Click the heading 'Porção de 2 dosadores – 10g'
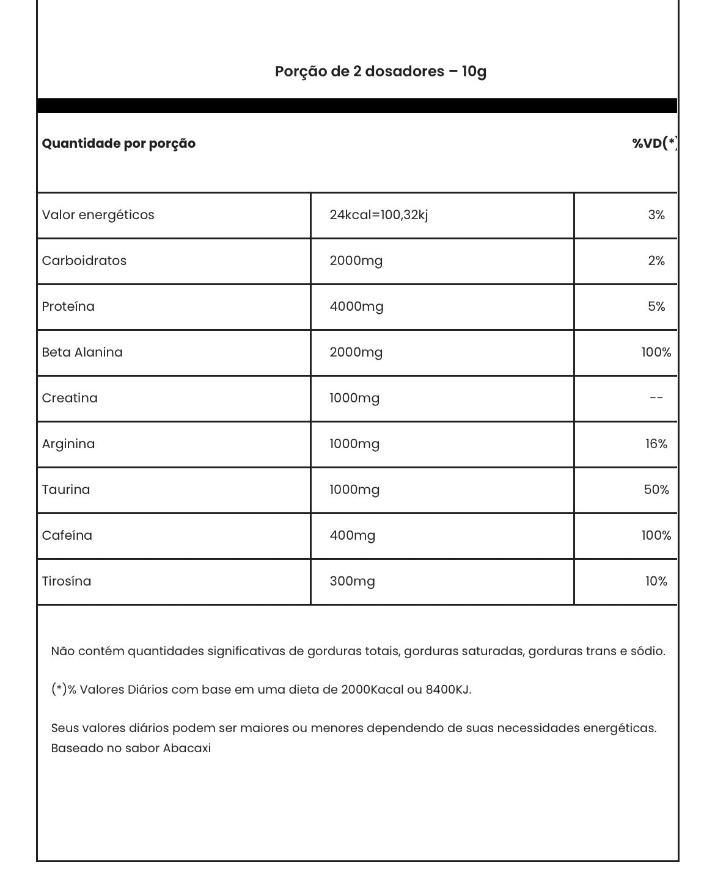[x=380, y=71]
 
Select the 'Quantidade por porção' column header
[x=119, y=143]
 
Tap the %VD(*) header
[x=654, y=143]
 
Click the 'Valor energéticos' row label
[x=98, y=215]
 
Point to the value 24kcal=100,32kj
[x=378, y=215]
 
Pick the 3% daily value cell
[x=656, y=215]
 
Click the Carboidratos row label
[x=84, y=261]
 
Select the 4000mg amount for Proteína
[x=356, y=307]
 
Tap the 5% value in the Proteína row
[x=656, y=307]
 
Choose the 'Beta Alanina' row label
[x=82, y=352]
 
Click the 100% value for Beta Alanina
[x=656, y=352]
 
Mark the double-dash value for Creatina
[x=656, y=398]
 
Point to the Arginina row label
[x=68, y=444]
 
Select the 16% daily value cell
[x=656, y=444]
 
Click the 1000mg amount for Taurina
[x=354, y=490]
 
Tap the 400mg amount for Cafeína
[x=352, y=535]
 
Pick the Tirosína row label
[x=67, y=581]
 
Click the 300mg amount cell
[x=352, y=581]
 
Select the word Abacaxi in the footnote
[x=186, y=748]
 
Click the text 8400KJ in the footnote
[x=447, y=690]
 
